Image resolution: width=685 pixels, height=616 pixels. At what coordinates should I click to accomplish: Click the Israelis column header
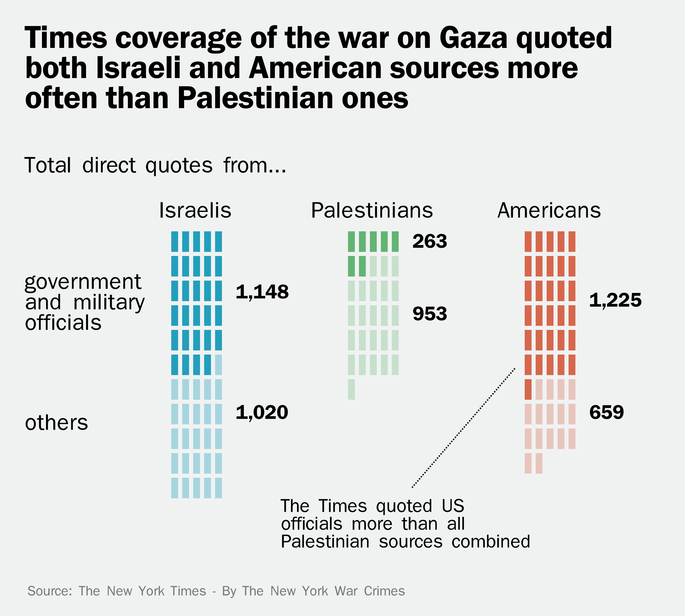point(195,211)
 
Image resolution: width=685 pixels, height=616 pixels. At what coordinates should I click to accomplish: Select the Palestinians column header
point(372,211)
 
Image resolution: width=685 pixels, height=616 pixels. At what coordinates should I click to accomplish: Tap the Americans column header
point(549,211)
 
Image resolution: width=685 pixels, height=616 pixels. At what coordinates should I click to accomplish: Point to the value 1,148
point(262,292)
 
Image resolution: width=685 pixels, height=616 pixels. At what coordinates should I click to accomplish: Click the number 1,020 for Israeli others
point(262,412)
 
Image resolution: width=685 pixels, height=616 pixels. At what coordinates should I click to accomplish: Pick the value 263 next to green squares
point(430,241)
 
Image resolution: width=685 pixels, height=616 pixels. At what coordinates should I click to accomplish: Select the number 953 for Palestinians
point(430,314)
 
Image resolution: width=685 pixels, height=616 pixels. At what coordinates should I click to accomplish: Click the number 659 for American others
point(606,412)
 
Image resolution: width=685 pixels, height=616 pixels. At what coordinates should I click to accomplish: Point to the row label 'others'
point(56,423)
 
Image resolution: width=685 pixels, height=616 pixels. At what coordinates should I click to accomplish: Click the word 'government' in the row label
point(83,282)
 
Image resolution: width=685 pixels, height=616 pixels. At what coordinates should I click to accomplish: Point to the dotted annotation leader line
point(463,428)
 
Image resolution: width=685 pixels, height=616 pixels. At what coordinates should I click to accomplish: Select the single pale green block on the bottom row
point(351,389)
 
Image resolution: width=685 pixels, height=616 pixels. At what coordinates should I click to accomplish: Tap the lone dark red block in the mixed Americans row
point(528,389)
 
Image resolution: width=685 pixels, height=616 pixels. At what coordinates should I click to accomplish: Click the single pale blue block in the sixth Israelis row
point(218,364)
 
